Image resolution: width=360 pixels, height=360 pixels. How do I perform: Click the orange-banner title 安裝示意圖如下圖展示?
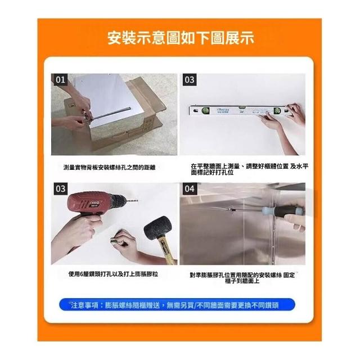pyautogui.click(x=181, y=38)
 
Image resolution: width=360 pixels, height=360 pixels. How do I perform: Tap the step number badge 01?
pyautogui.click(x=61, y=80)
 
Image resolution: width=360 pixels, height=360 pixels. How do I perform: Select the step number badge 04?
pyautogui.click(x=190, y=189)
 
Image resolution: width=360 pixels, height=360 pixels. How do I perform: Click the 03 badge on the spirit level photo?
pyautogui.click(x=190, y=80)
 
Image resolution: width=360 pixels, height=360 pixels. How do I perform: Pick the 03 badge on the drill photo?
pyautogui.click(x=61, y=189)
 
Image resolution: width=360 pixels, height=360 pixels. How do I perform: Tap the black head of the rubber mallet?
pyautogui.click(x=158, y=227)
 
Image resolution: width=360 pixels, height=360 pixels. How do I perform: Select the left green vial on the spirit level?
pyautogui.click(x=205, y=111)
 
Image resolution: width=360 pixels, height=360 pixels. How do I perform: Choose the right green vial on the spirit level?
pyautogui.click(x=277, y=111)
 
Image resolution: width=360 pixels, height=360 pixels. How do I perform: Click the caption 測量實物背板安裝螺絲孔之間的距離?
pyautogui.click(x=110, y=168)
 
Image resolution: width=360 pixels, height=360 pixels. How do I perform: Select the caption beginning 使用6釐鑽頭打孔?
pyautogui.click(x=113, y=274)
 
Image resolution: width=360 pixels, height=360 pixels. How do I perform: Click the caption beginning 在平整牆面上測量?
pyautogui.click(x=250, y=169)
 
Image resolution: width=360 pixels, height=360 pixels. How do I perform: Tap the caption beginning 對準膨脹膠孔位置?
pyautogui.click(x=242, y=278)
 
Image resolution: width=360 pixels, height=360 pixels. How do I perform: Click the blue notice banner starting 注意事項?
pyautogui.click(x=177, y=305)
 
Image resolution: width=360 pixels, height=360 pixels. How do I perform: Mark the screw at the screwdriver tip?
pyautogui.click(x=232, y=210)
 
